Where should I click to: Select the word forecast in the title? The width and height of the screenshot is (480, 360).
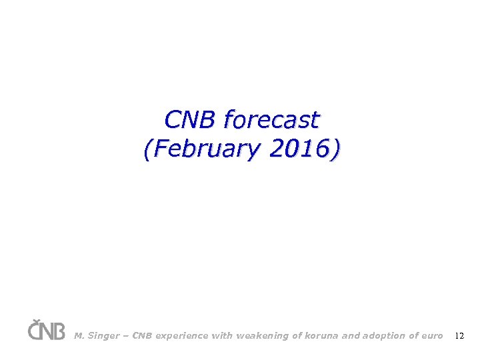click(x=271, y=120)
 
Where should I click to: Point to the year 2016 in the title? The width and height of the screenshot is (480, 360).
click(x=300, y=149)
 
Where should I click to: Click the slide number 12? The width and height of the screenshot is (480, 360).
click(x=459, y=336)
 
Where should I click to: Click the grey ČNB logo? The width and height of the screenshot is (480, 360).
click(x=46, y=330)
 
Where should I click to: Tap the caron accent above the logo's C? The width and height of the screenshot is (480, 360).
click(x=35, y=321)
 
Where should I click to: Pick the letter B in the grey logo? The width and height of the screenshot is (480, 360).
click(x=59, y=331)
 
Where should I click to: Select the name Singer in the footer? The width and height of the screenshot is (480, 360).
click(x=103, y=336)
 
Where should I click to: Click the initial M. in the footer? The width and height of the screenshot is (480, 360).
click(x=79, y=336)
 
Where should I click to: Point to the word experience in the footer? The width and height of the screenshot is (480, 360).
click(x=182, y=336)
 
